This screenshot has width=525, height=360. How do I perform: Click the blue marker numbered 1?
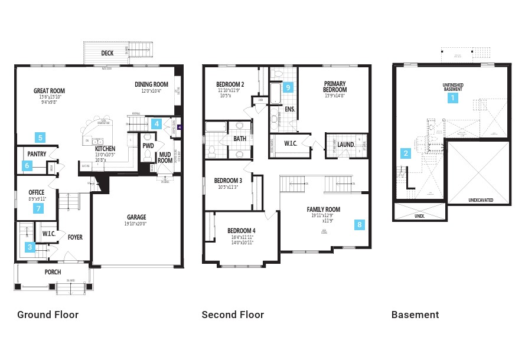(x=453, y=98)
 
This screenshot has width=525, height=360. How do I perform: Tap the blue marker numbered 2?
(x=406, y=153)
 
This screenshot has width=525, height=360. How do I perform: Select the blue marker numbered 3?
(x=30, y=247)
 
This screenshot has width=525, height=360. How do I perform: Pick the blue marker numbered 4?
(x=156, y=123)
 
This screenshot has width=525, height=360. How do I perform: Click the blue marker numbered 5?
(x=40, y=138)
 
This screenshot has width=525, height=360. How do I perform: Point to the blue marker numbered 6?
(x=27, y=166)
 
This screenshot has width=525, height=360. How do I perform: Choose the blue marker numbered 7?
(x=39, y=208)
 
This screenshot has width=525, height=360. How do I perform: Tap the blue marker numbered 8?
(x=360, y=224)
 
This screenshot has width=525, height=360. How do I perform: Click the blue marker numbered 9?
(x=288, y=87)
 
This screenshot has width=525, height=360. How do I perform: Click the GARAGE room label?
(x=136, y=217)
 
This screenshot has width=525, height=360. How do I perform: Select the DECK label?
(x=107, y=53)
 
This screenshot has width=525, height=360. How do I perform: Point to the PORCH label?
(x=53, y=272)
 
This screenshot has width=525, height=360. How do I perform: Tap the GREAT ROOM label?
(x=49, y=91)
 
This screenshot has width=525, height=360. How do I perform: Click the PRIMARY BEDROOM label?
(x=334, y=87)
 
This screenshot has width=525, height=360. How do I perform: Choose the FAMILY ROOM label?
(x=323, y=210)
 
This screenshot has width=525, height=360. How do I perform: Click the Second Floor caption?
(x=233, y=315)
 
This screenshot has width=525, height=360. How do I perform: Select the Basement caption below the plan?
(x=415, y=315)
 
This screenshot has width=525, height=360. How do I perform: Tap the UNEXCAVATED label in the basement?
(x=480, y=200)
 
